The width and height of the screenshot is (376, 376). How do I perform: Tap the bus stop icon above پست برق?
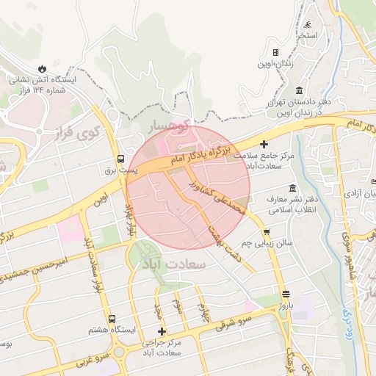(x=121, y=158)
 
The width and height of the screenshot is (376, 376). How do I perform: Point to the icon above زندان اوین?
(x=275, y=53)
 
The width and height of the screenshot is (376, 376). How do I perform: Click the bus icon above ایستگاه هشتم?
(x=112, y=319)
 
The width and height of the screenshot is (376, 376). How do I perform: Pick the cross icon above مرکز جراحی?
(x=162, y=331)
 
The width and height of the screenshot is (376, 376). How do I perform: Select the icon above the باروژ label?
(x=286, y=294)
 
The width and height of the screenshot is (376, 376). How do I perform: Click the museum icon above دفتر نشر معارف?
(x=293, y=189)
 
